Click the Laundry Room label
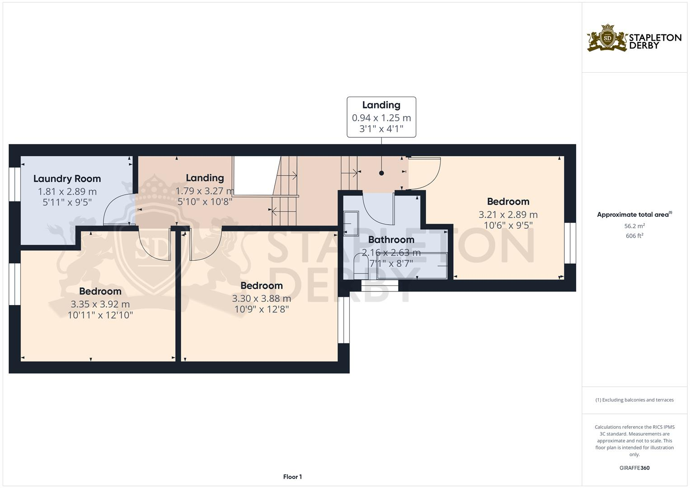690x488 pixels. tap(67, 178)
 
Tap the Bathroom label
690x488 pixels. tap(391, 239)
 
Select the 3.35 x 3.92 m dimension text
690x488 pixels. tap(100, 304)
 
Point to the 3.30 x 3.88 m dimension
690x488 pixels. tap(262, 299)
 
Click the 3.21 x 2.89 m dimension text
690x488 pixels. tap(508, 215)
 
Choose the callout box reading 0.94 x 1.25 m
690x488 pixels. tap(381, 117)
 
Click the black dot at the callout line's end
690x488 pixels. tap(381, 173)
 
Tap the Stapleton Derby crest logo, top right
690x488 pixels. tap(607, 38)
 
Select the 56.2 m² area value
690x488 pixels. tap(634, 226)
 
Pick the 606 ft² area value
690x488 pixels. tap(634, 236)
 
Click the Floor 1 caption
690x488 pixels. tap(292, 477)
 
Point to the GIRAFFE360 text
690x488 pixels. tap(634, 468)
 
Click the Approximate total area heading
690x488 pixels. tap(634, 215)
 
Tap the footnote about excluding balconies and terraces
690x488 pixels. tap(634, 400)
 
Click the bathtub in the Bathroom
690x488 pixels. tap(412, 266)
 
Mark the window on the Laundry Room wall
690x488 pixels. tap(15, 184)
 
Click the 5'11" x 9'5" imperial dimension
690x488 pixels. tap(67, 202)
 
